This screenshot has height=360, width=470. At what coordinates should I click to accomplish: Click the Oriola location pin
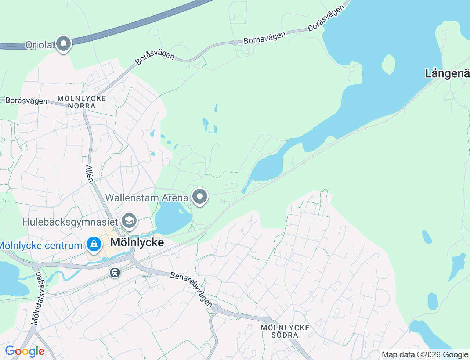(x=64, y=44)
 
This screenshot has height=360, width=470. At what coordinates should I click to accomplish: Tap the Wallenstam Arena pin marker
(x=200, y=197)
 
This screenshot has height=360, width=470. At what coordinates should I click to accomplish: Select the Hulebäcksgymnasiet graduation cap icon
(x=129, y=221)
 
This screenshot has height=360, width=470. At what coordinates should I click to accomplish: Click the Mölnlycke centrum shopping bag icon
(x=94, y=244)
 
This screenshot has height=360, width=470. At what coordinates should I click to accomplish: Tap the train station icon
(x=115, y=273)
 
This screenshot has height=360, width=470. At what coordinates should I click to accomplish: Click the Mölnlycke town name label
(x=137, y=242)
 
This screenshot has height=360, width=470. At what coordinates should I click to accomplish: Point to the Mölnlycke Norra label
(x=82, y=102)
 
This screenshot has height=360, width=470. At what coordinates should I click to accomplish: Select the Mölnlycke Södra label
(x=285, y=331)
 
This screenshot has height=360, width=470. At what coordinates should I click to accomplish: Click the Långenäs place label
(x=447, y=73)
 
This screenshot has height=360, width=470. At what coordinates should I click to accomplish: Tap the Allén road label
(x=89, y=173)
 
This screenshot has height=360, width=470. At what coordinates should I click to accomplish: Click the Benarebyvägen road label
(x=191, y=289)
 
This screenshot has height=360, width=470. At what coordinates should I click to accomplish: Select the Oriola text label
(x=39, y=45)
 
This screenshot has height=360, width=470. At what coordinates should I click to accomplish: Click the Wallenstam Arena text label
(x=147, y=198)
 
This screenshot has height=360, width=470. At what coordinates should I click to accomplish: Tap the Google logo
(x=25, y=352)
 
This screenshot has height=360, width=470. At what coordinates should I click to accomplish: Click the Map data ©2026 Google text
(x=425, y=354)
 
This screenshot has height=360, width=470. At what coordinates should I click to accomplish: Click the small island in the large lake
(x=388, y=64)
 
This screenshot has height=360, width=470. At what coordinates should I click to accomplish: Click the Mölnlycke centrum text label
(x=40, y=245)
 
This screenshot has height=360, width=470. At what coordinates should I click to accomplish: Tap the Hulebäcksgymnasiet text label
(x=70, y=222)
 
